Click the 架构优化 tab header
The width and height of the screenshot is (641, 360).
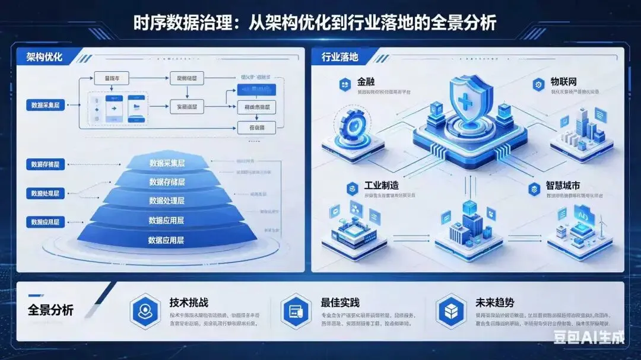pos(45,58)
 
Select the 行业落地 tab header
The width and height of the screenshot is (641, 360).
pos(339,58)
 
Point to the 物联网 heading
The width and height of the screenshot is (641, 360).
pos(564,81)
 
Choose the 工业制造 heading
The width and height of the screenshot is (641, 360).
pos(381,186)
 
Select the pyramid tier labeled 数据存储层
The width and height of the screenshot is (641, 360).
pos(167,181)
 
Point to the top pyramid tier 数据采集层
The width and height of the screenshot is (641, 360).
pos(167,163)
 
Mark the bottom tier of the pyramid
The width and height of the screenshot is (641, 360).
pos(167,240)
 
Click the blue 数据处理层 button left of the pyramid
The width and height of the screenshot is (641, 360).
pos(45,193)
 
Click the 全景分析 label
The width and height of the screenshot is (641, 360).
pos(51,310)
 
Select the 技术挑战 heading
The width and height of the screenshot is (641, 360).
pos(189,302)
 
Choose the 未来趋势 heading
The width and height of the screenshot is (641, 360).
pos(490,302)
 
